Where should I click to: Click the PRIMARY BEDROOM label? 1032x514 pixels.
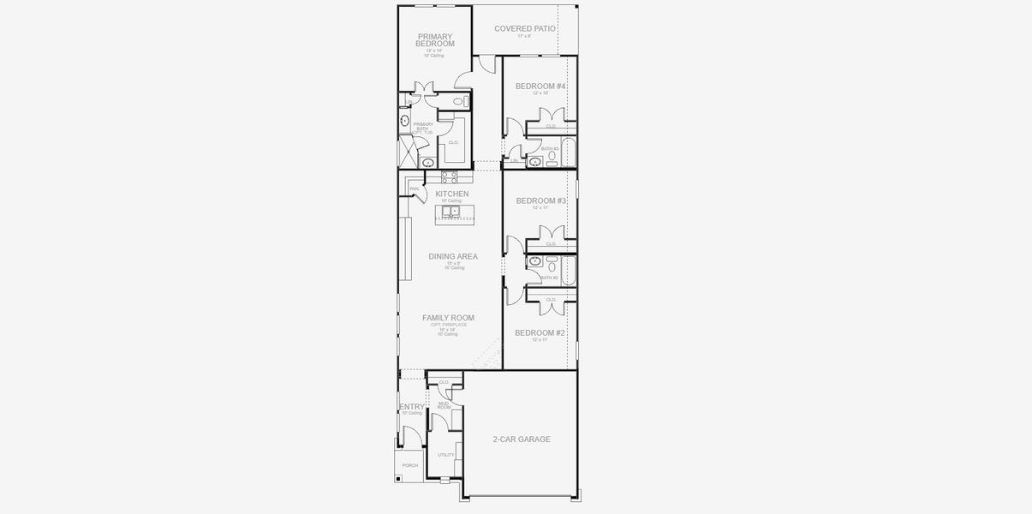coord(435,40)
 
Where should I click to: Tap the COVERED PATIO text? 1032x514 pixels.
coord(525,28)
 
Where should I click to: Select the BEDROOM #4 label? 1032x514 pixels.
coord(540,87)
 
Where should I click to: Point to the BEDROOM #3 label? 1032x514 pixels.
coord(540,200)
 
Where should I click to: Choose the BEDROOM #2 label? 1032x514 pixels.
coord(540,332)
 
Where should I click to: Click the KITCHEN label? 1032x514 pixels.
coord(451,194)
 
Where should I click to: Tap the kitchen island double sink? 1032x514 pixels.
coord(450,211)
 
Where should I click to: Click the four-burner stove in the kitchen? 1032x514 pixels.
coord(449,176)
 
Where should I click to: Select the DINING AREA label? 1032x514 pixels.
coord(453,256)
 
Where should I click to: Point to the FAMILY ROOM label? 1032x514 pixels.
coord(448,318)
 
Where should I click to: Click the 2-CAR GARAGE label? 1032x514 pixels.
coord(521,439)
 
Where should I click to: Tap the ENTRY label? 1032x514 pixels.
coord(411,407)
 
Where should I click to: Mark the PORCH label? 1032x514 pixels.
coord(410,465)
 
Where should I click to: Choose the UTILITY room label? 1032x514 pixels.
coord(445,455)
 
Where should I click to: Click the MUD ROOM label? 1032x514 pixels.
coord(444,405)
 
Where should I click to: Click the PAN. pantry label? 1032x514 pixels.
coord(414,188)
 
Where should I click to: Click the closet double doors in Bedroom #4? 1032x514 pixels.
coord(551,116)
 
